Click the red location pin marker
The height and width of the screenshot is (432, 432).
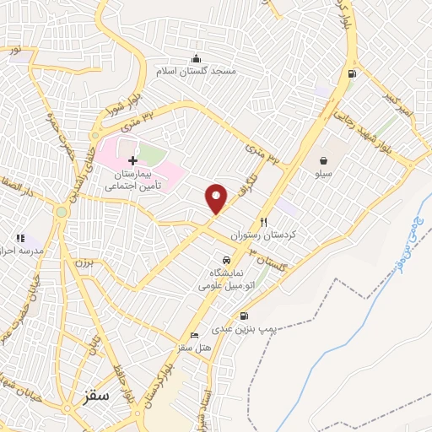(217, 197)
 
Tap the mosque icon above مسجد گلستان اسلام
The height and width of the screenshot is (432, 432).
(197, 58)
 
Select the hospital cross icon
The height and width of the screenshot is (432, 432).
(132, 159)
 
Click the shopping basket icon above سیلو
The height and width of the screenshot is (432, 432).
(324, 159)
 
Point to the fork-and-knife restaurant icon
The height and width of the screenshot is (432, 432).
(263, 222)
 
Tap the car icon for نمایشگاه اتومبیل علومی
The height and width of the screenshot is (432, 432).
(226, 261)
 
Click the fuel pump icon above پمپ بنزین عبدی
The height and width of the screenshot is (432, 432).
(245, 316)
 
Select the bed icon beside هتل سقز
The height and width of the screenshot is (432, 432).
(195, 335)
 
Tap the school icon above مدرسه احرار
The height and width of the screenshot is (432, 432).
(20, 239)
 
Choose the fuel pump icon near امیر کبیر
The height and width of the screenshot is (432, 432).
(350, 73)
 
